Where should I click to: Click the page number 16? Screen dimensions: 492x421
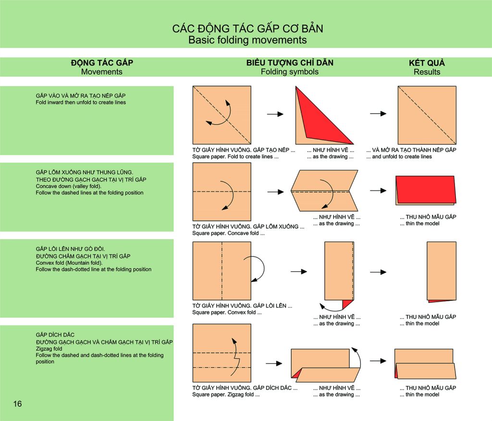(18, 404)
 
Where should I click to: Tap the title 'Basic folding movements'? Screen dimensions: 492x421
(247, 40)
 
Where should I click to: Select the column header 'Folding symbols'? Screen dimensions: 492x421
(290, 72)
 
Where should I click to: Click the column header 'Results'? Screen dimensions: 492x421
(427, 72)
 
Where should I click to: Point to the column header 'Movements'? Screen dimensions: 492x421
(102, 72)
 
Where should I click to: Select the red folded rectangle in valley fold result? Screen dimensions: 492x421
(426, 190)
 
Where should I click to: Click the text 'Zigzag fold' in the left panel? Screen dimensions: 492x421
(49, 349)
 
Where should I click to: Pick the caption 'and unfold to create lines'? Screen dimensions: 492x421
(402, 156)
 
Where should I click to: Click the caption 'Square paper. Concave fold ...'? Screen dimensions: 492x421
(228, 233)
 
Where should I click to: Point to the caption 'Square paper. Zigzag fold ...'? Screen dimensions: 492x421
(226, 395)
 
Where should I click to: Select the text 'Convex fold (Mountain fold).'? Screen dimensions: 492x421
(69, 263)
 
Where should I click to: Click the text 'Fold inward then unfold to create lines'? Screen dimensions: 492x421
(81, 102)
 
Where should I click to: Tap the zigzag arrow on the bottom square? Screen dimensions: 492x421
(235, 357)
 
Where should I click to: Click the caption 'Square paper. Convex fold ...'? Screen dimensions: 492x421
(227, 312)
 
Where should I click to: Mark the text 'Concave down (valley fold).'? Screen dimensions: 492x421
(68, 186)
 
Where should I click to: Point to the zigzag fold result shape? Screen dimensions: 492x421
(425, 364)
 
